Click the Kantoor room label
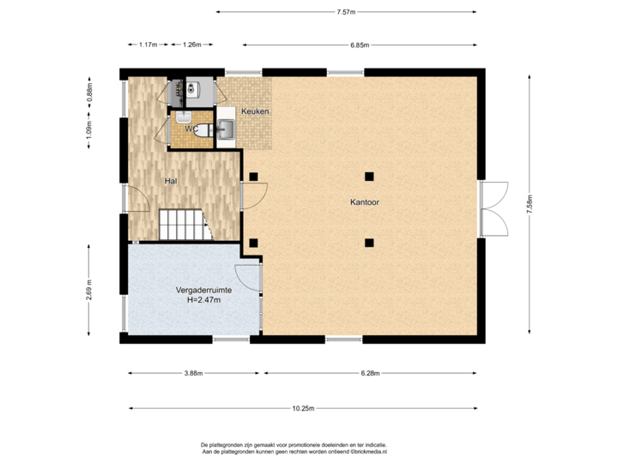365,203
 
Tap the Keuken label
256,112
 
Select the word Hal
171,181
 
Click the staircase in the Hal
182,225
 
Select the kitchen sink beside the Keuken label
227,129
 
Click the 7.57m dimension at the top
346,12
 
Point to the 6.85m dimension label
359,45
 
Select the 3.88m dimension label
193,373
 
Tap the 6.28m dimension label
370,373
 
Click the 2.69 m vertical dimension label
89,291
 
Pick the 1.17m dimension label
148,45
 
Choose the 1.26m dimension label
192,45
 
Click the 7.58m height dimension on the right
530,207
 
